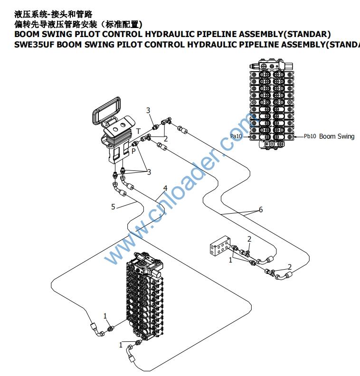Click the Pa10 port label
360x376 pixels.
[237, 136]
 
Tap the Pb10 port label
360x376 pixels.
[310, 136]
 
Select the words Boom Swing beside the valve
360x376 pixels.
[337, 136]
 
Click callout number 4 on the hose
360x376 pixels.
[165, 188]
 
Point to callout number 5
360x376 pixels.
[113, 207]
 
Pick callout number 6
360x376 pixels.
[260, 209]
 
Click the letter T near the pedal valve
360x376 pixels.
[138, 131]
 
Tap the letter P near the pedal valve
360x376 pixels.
[133, 150]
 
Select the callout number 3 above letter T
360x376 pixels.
[148, 111]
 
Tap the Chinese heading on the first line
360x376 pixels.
[54, 14]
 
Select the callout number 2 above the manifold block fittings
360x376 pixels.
[249, 238]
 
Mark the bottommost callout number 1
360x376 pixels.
[121, 345]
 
